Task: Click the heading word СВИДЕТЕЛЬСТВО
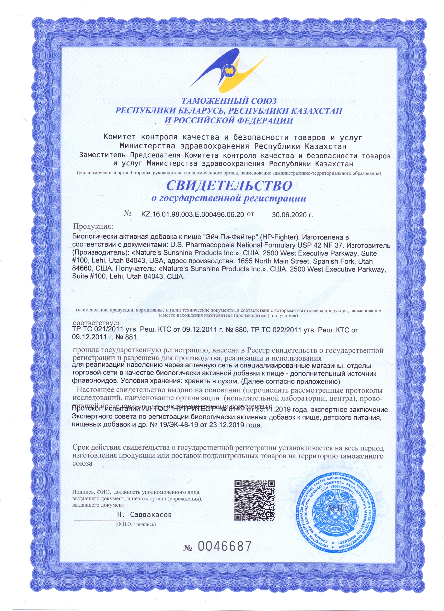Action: [x=229, y=186]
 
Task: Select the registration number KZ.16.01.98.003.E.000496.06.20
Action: [x=193, y=214]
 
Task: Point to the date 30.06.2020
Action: [x=292, y=215]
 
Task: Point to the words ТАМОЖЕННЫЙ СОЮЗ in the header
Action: [x=229, y=101]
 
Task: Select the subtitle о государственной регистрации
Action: [x=229, y=199]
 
